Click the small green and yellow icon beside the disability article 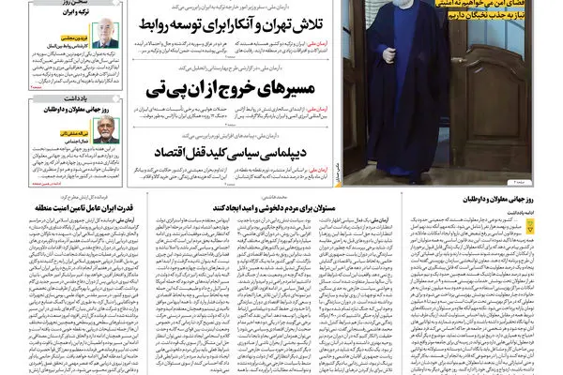coord(554,199)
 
